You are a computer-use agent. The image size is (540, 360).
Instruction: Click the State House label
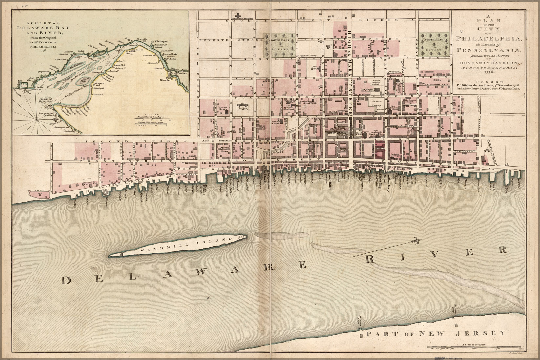314,68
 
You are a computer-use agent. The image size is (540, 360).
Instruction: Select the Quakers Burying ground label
377,104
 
